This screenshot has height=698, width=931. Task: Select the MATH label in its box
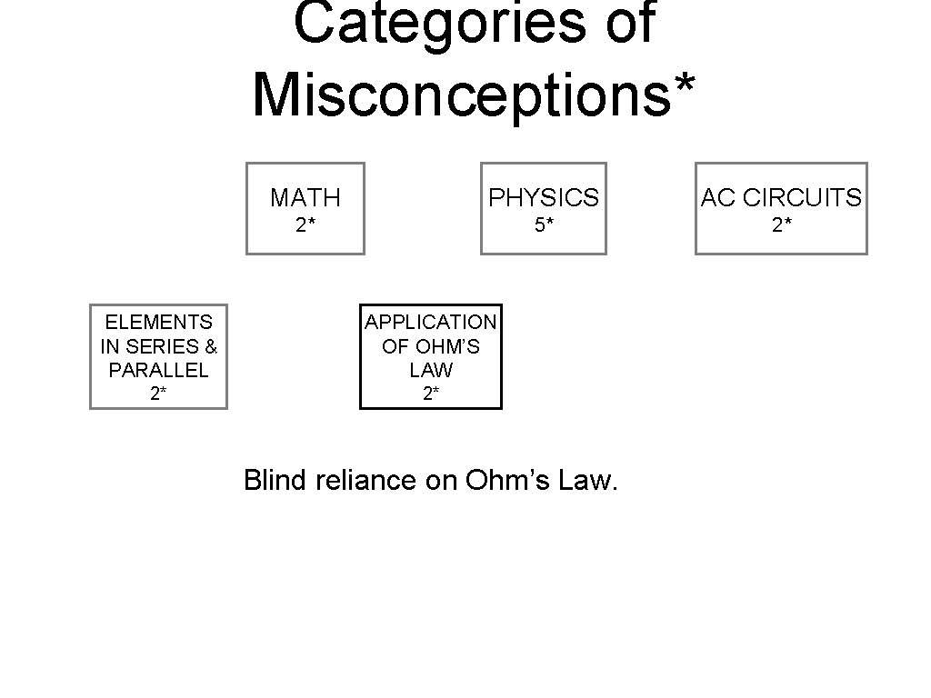pyautogui.click(x=305, y=197)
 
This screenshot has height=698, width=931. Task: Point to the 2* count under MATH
pyautogui.click(x=305, y=225)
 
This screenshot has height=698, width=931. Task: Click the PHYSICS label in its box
pyautogui.click(x=544, y=197)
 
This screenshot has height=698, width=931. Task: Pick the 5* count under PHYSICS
pyautogui.click(x=544, y=225)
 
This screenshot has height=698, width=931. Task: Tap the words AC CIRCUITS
pyautogui.click(x=781, y=197)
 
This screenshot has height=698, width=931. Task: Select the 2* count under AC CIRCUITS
pyautogui.click(x=781, y=225)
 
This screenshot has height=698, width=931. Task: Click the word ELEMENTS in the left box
pyautogui.click(x=158, y=322)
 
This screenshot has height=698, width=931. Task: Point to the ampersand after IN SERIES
pyautogui.click(x=211, y=346)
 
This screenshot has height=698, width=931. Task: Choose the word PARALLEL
pyautogui.click(x=158, y=371)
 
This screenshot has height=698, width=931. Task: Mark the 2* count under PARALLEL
pyautogui.click(x=158, y=394)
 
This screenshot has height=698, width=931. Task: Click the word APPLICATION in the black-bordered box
pyautogui.click(x=431, y=322)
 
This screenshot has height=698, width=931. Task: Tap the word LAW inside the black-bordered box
pyautogui.click(x=431, y=371)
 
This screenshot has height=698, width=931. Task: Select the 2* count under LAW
pyautogui.click(x=431, y=394)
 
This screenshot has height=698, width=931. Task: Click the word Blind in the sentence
pyautogui.click(x=275, y=480)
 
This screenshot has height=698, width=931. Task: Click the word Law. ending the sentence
pyautogui.click(x=588, y=480)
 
